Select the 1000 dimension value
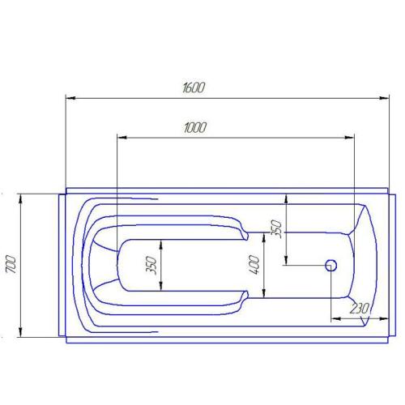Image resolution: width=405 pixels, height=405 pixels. point(194,127)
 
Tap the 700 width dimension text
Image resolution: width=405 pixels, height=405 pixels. point(11,265)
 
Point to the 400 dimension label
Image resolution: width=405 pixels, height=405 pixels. point(254,264)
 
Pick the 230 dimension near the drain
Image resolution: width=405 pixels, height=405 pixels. point(359,309)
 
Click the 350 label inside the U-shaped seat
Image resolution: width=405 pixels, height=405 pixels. point(151,265)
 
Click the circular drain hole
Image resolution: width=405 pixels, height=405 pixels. point(330,265)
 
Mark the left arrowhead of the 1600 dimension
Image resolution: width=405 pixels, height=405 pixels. point(70,99)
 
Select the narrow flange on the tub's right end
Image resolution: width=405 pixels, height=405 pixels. point(391,265)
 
